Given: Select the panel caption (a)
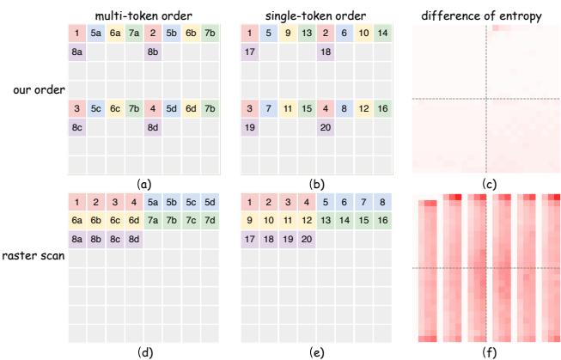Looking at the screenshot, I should pyautogui.click(x=143, y=183).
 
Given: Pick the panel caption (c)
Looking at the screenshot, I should pyautogui.click(x=486, y=183).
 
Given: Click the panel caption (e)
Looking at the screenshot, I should pyautogui.click(x=317, y=351).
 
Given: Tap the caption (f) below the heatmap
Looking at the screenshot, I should pyautogui.click(x=486, y=351).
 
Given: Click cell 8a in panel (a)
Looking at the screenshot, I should pyautogui.click(x=77, y=52).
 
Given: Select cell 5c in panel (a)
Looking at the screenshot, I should pyautogui.click(x=96, y=109).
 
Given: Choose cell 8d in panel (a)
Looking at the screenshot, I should pyautogui.click(x=153, y=128).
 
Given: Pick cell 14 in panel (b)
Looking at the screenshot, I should pyautogui.click(x=381, y=34).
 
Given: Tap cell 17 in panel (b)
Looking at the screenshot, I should pyautogui.click(x=249, y=52).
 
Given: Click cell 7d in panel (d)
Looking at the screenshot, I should pyautogui.click(x=210, y=220).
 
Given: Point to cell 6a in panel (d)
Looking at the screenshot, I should pyautogui.click(x=77, y=220).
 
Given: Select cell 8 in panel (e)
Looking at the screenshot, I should pyautogui.click(x=381, y=202).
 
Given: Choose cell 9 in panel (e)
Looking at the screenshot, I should pyautogui.click(x=249, y=220).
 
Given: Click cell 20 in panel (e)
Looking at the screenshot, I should pyautogui.click(x=306, y=239).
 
